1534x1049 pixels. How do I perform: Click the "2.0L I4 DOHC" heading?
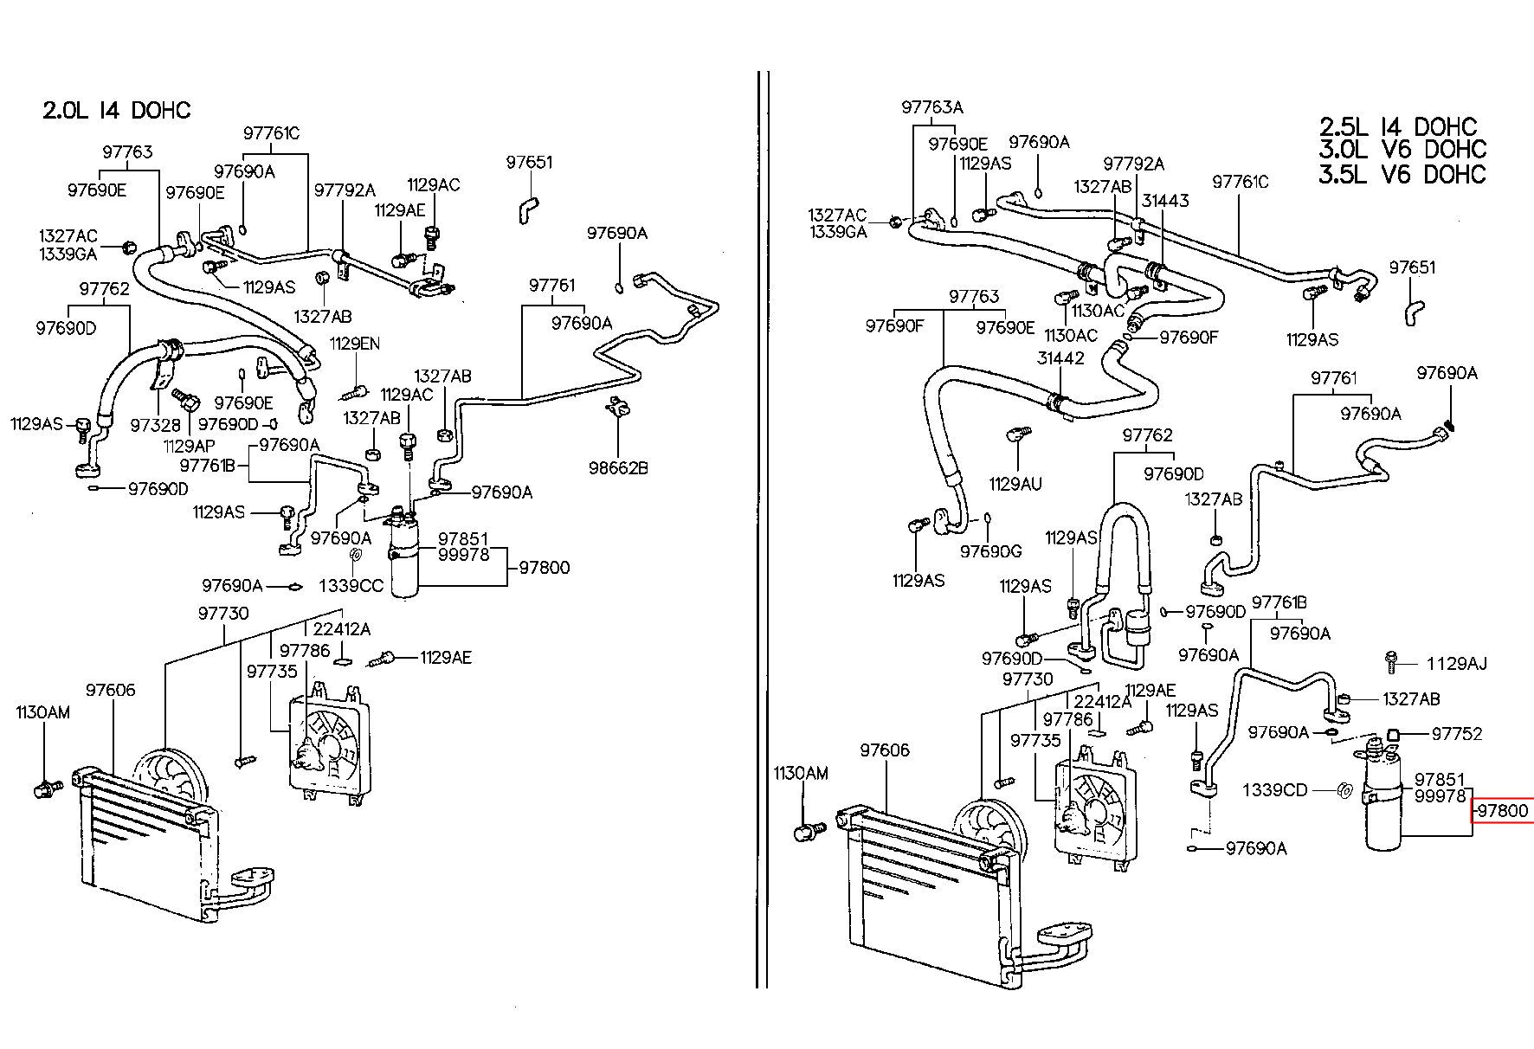tap(117, 111)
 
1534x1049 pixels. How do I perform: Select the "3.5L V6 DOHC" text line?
tap(1402, 174)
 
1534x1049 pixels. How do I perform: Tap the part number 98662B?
tap(618, 468)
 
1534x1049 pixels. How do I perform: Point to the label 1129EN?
tap(354, 344)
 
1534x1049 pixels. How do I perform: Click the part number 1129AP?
tap(189, 446)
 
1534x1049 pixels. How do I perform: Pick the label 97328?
tap(156, 425)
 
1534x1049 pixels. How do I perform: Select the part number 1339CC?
tap(351, 586)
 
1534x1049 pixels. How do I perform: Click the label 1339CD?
tap(1275, 790)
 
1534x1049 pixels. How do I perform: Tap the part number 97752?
tap(1457, 734)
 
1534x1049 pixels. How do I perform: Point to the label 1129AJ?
tap(1457, 664)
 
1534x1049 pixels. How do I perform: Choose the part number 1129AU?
tap(1015, 484)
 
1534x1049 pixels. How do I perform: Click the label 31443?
tap(1165, 201)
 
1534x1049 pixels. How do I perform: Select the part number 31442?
tap(1060, 358)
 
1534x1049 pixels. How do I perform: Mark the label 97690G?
tap(991, 551)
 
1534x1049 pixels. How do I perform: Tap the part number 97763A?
tap(931, 107)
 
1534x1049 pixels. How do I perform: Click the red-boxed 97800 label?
tap(1504, 812)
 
